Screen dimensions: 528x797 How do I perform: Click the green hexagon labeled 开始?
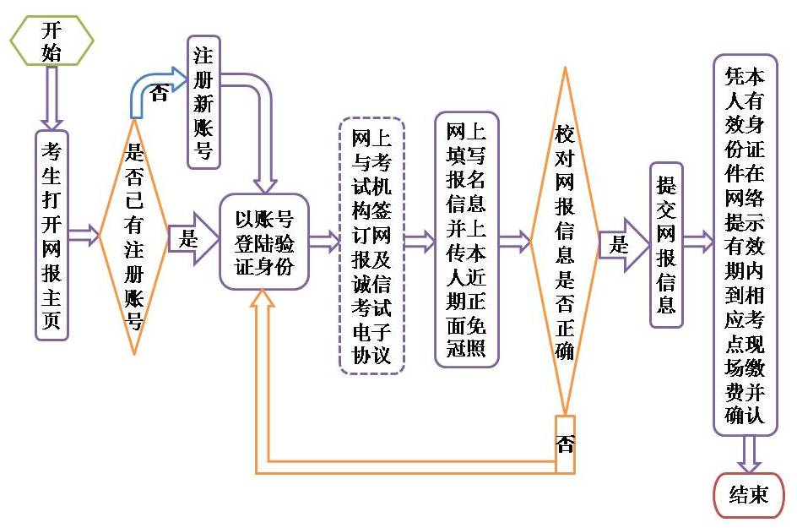pyautogui.click(x=52, y=40)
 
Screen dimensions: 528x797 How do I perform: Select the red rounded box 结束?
pyautogui.click(x=749, y=494)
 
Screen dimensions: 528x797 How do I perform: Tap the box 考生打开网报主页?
pyautogui.click(x=52, y=235)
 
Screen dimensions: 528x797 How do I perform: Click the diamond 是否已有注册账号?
pyautogui.click(x=133, y=237)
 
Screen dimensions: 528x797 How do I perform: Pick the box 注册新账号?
pyautogui.click(x=203, y=102)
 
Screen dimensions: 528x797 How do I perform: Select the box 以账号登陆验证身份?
pyautogui.click(x=264, y=241)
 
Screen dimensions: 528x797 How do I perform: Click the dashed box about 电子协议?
pyautogui.click(x=371, y=245)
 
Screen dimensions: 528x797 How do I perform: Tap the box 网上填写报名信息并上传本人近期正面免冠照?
pyautogui.click(x=466, y=240)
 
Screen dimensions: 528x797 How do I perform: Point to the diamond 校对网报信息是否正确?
pyautogui.click(x=564, y=241)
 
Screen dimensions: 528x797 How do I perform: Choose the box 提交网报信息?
pyautogui.click(x=665, y=245)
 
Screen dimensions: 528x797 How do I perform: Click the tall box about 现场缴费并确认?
pyautogui.click(x=744, y=245)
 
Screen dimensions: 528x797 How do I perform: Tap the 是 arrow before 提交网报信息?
pyautogui.click(x=624, y=245)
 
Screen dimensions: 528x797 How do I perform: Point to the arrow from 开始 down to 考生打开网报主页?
pyautogui.click(x=52, y=97)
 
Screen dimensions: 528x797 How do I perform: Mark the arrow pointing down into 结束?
pyautogui.click(x=748, y=455)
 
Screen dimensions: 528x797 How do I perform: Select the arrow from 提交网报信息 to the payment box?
pyautogui.click(x=697, y=243)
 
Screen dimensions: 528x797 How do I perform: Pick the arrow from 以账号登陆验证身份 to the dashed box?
pyautogui.click(x=324, y=242)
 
